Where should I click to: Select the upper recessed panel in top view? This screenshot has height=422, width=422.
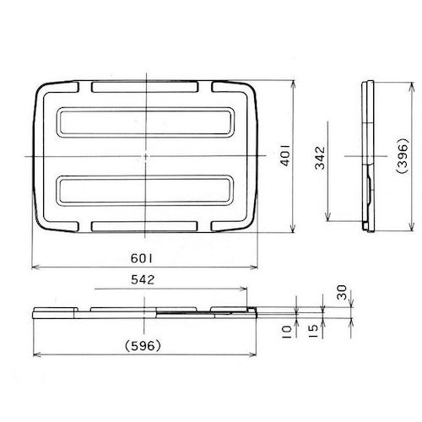click(146, 122)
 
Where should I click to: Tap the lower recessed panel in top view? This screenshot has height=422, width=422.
click(146, 192)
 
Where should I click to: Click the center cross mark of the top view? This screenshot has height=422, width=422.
click(146, 157)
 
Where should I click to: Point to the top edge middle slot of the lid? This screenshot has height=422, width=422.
click(146, 87)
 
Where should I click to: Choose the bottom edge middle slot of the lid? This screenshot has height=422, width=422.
click(146, 227)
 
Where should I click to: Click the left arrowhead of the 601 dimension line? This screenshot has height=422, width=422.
click(34, 267)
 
